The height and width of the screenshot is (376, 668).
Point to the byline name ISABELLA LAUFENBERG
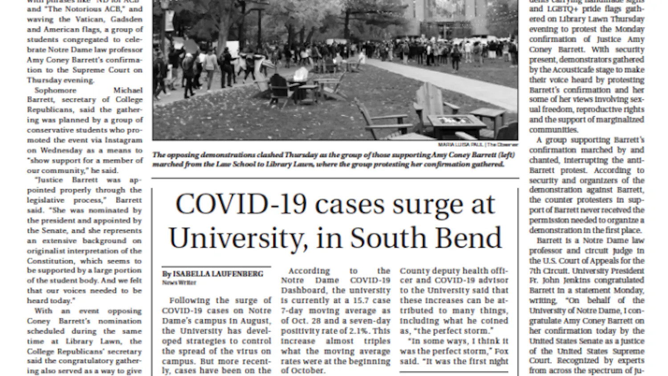[x=218, y=274]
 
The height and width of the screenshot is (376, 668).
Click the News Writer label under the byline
[x=179, y=282]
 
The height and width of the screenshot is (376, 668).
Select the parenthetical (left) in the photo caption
[x=505, y=155]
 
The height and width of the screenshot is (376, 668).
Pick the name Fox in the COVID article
[x=501, y=351]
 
